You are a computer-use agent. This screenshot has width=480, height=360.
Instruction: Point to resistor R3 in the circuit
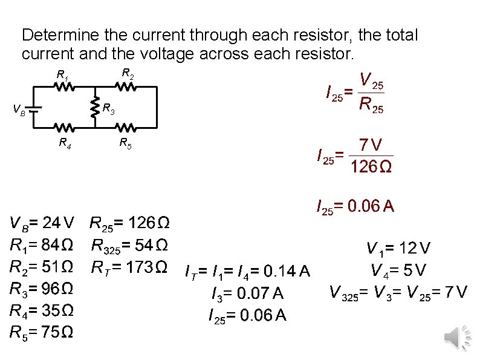click(95, 108)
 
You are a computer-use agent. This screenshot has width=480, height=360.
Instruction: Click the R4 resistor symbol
click(65, 128)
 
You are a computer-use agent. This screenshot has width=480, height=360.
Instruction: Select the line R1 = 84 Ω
click(42, 246)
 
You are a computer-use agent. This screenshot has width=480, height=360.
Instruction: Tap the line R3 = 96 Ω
click(42, 289)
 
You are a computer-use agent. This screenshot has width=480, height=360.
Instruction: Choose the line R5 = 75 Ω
click(42, 332)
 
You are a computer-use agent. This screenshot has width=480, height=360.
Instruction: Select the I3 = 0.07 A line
click(247, 294)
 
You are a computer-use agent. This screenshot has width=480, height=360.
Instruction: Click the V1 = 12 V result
click(398, 248)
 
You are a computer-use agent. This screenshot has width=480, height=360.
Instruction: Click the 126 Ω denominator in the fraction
click(371, 166)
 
